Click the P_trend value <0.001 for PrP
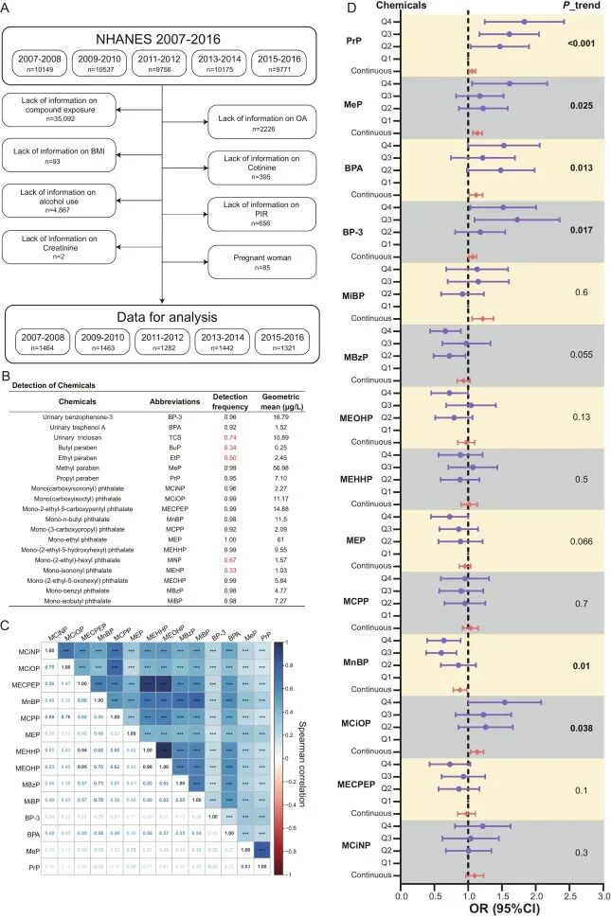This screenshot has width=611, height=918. [582, 44]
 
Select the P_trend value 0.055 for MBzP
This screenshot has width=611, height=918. [582, 354]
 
